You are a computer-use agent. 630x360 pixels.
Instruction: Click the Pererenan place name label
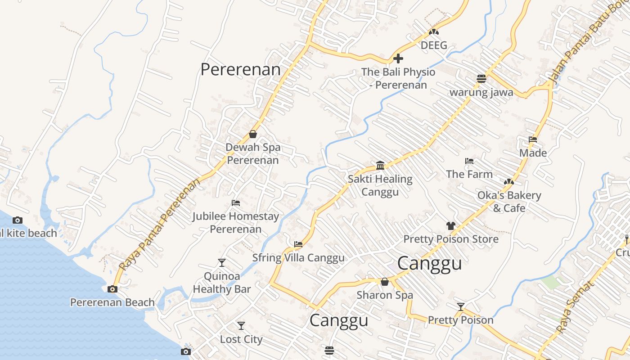click(240, 70)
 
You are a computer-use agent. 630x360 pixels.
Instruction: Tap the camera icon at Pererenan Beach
click(112, 289)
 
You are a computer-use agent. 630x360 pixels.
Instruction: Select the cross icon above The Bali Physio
click(398, 58)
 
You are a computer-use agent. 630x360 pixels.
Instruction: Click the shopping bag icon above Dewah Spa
click(253, 134)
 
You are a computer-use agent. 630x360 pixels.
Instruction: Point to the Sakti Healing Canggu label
click(380, 185)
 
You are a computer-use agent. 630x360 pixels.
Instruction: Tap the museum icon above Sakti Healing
click(380, 166)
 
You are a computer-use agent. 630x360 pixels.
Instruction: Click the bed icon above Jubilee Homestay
click(235, 203)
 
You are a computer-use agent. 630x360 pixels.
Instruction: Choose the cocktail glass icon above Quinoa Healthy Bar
click(221, 262)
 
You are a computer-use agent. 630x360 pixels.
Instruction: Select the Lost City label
click(241, 339)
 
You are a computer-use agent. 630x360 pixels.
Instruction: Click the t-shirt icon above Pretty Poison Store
click(450, 225)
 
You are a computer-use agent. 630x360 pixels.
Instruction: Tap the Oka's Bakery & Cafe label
click(509, 202)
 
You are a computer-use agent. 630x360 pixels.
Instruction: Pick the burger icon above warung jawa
click(481, 79)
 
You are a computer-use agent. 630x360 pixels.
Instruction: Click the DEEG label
click(434, 45)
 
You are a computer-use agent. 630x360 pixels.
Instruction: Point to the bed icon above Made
click(533, 139)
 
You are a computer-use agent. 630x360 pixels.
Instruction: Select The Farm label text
click(469, 174)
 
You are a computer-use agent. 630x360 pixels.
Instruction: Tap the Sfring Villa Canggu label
click(298, 258)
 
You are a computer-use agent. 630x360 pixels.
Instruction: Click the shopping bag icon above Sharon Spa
click(384, 282)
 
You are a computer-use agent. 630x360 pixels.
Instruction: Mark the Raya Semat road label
click(572, 306)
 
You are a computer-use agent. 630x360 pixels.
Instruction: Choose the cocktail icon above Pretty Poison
click(460, 307)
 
